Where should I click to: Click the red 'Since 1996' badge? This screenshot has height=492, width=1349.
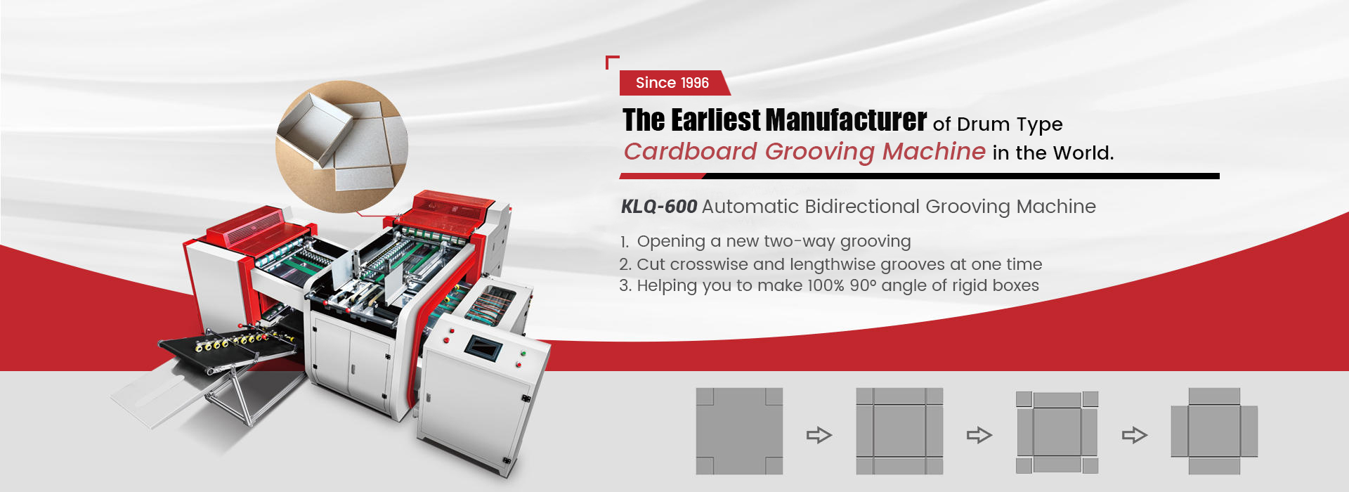click(x=672, y=83)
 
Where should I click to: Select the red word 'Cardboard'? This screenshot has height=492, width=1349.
click(x=691, y=152)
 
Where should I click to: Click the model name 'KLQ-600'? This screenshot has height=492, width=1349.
click(x=658, y=207)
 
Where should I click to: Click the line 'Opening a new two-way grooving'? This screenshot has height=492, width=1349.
click(x=773, y=242)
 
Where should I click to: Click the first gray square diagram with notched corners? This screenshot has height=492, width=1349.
click(x=739, y=431)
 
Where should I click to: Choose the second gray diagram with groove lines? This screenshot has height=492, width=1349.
click(x=899, y=431)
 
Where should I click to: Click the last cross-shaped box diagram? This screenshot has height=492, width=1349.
click(x=1214, y=431)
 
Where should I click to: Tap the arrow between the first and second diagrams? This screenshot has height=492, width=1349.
click(x=819, y=435)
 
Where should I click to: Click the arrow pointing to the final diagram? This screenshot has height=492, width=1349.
click(x=1134, y=435)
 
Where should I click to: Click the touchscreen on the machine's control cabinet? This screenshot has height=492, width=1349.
click(x=483, y=347)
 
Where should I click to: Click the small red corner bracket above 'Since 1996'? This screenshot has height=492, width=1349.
click(x=611, y=61)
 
